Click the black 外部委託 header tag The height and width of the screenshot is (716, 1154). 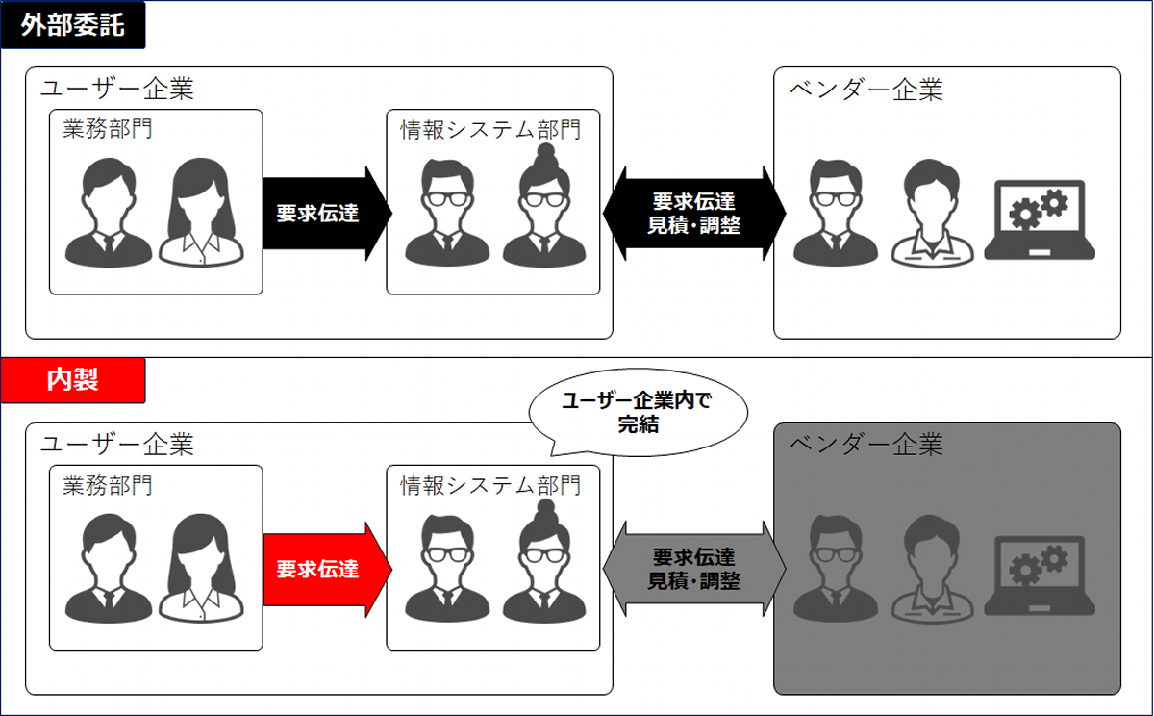[73, 25]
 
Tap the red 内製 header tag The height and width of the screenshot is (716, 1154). [73, 380]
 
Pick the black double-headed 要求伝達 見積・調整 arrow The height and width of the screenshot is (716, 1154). [693, 214]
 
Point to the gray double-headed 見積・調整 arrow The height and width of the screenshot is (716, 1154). [693, 569]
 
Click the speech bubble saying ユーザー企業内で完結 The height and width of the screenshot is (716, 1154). [638, 412]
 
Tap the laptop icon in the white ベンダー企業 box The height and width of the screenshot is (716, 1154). [1040, 221]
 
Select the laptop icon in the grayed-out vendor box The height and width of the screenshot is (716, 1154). [1040, 575]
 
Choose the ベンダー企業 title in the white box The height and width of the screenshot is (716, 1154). [866, 89]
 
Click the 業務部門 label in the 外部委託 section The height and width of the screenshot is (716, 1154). [108, 130]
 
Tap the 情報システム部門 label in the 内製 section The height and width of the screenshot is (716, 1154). [490, 485]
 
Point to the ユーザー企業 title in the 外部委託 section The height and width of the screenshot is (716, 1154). [117, 89]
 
